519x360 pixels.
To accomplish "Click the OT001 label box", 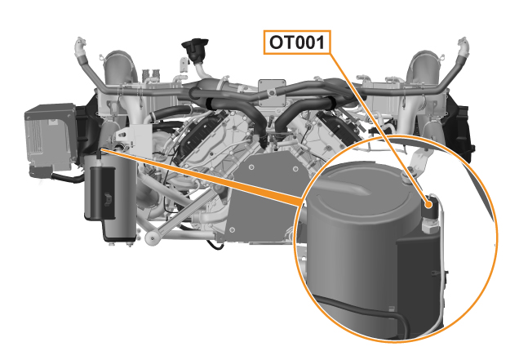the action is click(297, 42).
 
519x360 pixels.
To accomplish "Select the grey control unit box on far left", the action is click(51, 136).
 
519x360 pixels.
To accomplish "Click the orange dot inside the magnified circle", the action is click(429, 204).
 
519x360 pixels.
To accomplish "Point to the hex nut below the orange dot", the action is click(429, 227).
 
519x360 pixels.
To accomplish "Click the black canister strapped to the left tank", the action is click(103, 193).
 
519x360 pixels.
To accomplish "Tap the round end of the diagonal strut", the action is click(152, 238).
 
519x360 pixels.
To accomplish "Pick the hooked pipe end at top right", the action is click(464, 46).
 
